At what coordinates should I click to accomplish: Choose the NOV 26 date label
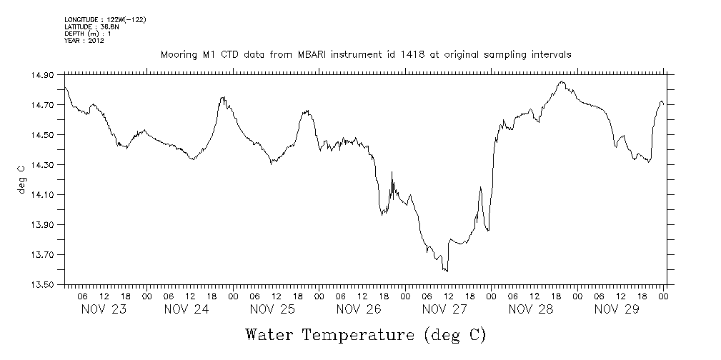359,309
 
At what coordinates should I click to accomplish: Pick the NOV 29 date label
617,309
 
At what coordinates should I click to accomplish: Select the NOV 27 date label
444,309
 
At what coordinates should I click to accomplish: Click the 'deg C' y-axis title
21,179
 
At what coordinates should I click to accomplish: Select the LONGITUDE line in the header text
105,19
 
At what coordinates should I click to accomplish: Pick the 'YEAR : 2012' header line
84,41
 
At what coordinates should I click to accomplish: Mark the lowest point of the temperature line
447,271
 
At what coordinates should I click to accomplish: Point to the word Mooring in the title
177,55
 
